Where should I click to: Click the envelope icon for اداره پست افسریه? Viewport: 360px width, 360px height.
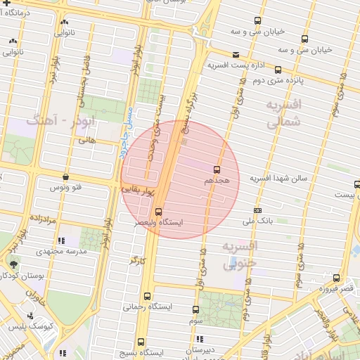(235, 54)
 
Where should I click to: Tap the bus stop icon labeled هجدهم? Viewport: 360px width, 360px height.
(216, 169)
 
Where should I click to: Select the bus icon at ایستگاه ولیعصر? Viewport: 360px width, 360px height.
(157, 211)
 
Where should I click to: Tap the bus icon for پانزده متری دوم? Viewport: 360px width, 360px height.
(278, 70)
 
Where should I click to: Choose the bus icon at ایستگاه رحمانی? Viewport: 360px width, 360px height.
(147, 296)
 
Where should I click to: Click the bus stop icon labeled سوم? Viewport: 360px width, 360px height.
(196, 309)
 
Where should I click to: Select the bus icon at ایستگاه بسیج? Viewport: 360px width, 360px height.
(141, 341)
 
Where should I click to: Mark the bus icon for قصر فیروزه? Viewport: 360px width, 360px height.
(337, 278)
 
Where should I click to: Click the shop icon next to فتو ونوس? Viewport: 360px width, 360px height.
(65, 176)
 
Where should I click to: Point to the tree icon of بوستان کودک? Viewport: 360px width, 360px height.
(14, 264)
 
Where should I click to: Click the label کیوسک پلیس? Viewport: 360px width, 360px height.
(54, 328)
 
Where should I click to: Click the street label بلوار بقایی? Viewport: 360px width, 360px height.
(133, 188)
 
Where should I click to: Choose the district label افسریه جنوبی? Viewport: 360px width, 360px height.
(240, 255)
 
